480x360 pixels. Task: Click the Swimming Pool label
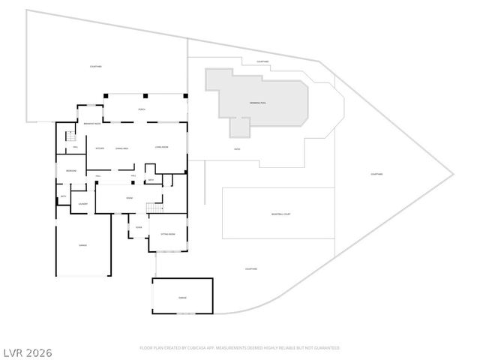pyautogui.click(x=259, y=103)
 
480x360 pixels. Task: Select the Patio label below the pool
pyautogui.click(x=237, y=149)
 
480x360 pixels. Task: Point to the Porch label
pyautogui.click(x=142, y=110)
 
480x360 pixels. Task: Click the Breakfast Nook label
pyautogui.click(x=92, y=123)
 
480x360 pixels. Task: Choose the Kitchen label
pyautogui.click(x=99, y=148)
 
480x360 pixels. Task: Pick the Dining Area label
pyautogui.click(x=121, y=148)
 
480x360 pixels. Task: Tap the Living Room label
pyautogui.click(x=160, y=147)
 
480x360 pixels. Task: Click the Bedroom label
pyautogui.click(x=70, y=171)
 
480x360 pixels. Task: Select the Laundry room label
pyautogui.click(x=83, y=203)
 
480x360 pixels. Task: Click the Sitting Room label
pyautogui.click(x=168, y=234)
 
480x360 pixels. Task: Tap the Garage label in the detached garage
pyautogui.click(x=182, y=298)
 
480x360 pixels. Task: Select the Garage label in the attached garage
pyautogui.click(x=82, y=245)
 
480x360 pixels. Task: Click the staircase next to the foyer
pyautogui.click(x=154, y=208)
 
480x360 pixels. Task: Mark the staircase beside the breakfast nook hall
pyautogui.click(x=71, y=136)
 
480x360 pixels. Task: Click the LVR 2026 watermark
pyautogui.click(x=27, y=351)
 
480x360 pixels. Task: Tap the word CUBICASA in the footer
pyautogui.click(x=193, y=348)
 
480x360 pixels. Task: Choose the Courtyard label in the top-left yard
pyautogui.click(x=96, y=67)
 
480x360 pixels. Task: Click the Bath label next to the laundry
pyautogui.click(x=63, y=196)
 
